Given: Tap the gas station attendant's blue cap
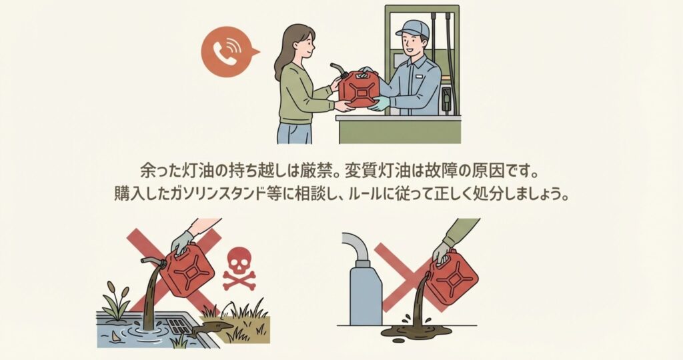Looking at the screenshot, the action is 413,28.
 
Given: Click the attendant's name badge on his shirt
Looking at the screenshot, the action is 420,77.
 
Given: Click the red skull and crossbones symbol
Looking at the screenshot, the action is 239,269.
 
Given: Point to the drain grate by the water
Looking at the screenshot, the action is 179,327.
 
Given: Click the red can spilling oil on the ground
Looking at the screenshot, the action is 453,277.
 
